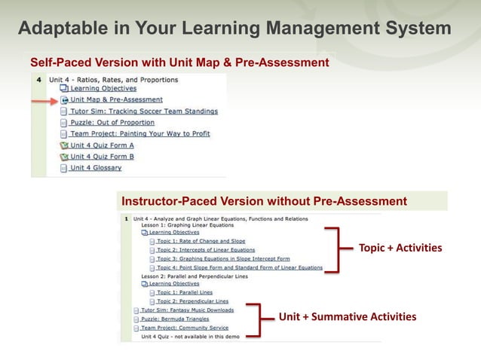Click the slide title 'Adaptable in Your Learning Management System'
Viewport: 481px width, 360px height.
click(x=234, y=29)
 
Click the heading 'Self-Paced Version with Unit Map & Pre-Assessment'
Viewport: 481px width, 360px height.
click(x=179, y=62)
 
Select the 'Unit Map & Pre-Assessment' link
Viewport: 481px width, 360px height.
click(x=116, y=99)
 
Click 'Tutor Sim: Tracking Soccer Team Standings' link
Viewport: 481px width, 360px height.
click(x=143, y=111)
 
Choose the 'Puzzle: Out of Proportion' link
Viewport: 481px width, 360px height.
click(x=112, y=122)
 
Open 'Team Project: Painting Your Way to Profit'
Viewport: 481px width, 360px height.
click(x=139, y=133)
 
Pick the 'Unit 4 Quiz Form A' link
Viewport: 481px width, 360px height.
click(x=102, y=145)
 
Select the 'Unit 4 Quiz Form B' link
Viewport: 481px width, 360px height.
click(x=102, y=156)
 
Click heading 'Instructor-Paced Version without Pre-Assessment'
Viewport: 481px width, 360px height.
click(x=264, y=201)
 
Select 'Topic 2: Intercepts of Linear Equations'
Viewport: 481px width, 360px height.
click(x=206, y=250)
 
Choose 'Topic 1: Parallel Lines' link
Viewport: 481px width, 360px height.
click(x=185, y=291)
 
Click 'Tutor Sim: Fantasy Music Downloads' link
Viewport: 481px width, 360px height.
click(x=187, y=310)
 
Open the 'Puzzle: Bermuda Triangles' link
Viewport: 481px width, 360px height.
click(x=174, y=319)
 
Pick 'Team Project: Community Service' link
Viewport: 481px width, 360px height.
click(x=185, y=328)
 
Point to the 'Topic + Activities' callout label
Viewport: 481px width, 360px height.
click(x=400, y=248)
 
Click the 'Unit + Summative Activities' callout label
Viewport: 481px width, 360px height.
click(x=347, y=317)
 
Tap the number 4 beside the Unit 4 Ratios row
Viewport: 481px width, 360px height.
click(x=38, y=78)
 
